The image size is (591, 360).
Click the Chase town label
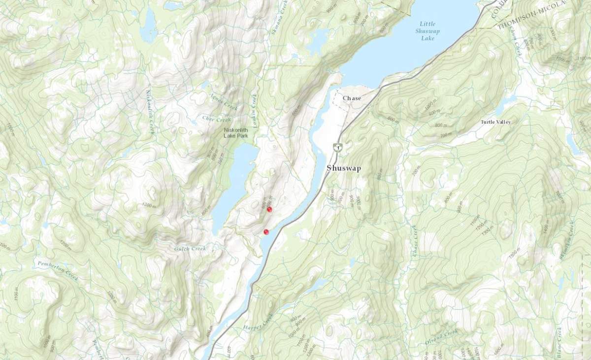[352, 98]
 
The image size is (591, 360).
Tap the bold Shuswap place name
[344, 168]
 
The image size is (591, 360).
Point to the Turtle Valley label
[496, 122]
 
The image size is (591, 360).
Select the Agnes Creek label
[224, 103]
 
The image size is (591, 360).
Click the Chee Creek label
[216, 119]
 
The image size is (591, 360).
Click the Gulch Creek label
[190, 249]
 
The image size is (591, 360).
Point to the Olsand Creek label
[441, 337]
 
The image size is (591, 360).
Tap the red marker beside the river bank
[266, 231]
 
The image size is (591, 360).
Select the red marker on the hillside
[269, 209]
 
